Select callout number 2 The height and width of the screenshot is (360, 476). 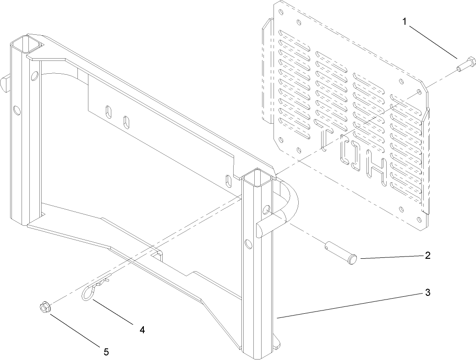click(427, 255)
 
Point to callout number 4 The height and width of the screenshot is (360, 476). click(142, 329)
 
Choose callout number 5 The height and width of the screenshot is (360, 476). click(106, 351)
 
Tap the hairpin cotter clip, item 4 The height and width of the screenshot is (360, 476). click(94, 291)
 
